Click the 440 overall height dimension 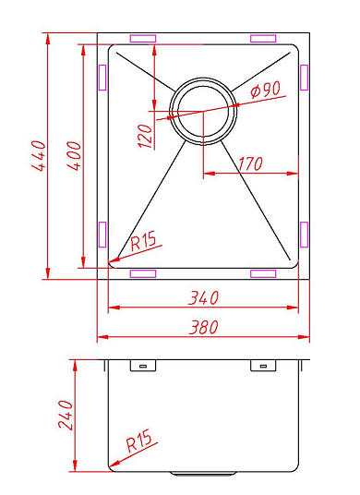(40, 156)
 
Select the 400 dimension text (75, 156)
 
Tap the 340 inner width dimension (203, 297)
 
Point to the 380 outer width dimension (203, 327)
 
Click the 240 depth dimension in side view (66, 416)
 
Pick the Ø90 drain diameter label (265, 90)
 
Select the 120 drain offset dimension (146, 136)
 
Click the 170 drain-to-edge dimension (250, 164)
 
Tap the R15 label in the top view (143, 241)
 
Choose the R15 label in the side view (138, 441)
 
